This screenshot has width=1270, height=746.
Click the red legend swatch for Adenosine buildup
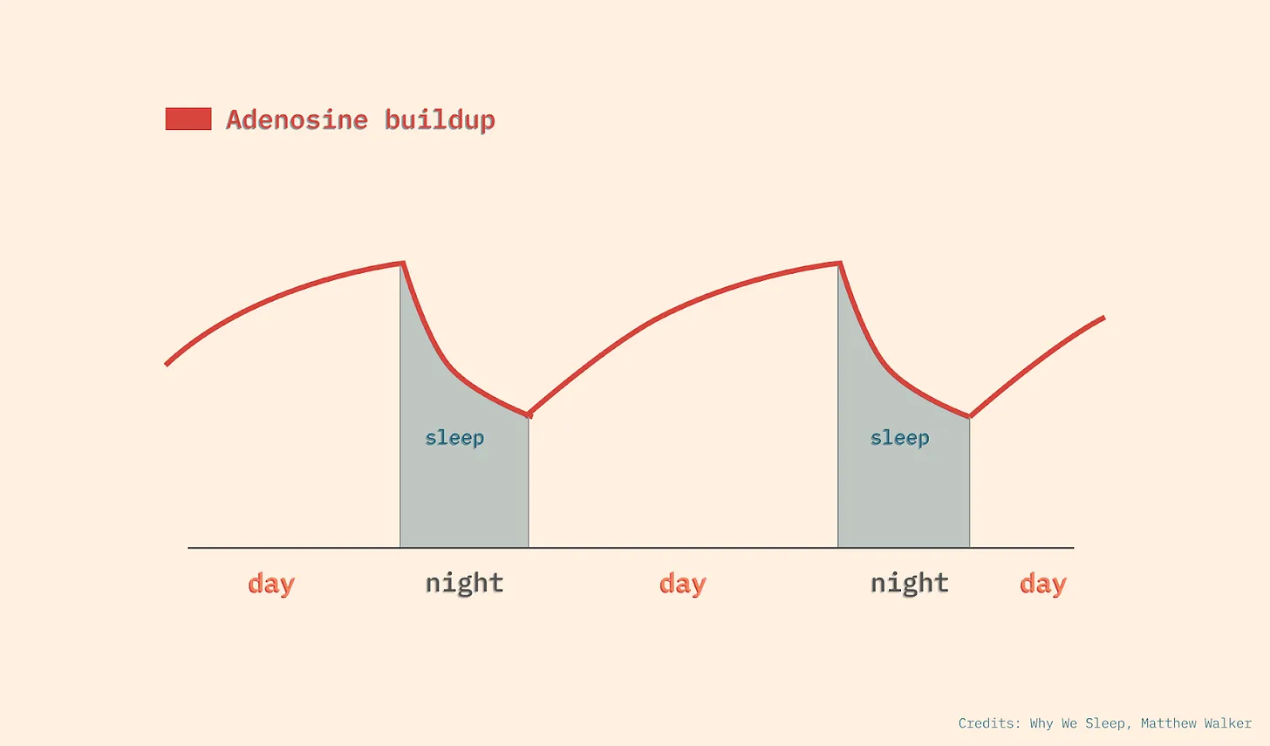coord(188,119)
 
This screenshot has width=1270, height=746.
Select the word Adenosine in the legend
coord(297,120)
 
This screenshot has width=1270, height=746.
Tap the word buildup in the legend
coord(440,120)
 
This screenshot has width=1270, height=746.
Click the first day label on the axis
coord(271,584)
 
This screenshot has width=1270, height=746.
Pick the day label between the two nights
coord(683,584)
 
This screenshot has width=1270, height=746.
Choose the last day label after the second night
coord(1043,584)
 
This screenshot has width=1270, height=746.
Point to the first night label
coord(464,583)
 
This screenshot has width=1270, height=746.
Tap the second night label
coord(909,583)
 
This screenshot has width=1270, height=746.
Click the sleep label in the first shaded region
coord(454,437)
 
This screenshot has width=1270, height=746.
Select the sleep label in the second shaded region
coord(899,437)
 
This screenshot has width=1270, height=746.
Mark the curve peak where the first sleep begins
coord(402,263)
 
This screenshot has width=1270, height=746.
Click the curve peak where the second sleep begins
coord(839,263)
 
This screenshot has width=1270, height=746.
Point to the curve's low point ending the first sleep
coord(529,414)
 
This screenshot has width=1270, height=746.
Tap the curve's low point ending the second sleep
coord(969,416)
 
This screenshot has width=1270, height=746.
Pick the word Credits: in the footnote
coord(989,723)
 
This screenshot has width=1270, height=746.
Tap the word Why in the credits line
coord(1041,723)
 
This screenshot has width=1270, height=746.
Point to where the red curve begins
coord(167,364)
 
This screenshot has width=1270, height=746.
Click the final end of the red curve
coord(1103,318)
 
